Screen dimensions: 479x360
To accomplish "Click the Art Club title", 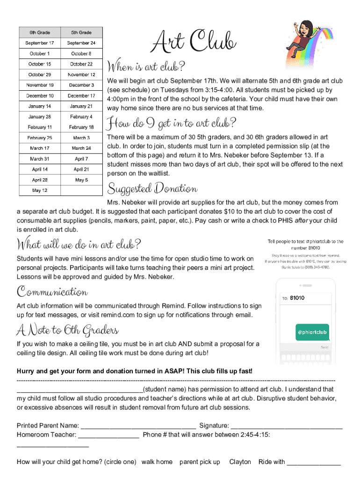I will tap(193, 41).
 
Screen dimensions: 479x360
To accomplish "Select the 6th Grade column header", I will tap(40, 32).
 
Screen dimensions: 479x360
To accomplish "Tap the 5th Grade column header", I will tap(81, 32).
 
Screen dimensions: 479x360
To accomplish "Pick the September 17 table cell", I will tap(40, 43).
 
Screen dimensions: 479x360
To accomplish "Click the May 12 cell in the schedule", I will tap(40, 190).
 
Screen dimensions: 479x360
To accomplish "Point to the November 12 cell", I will tap(81, 75).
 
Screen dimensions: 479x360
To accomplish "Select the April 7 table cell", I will tap(81, 159).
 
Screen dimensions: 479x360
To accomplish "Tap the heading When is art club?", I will tap(146, 65).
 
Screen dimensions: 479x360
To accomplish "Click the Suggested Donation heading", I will tap(152, 189).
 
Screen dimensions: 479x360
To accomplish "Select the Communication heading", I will tap(52, 292).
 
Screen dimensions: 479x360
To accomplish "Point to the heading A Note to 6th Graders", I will tap(68, 331).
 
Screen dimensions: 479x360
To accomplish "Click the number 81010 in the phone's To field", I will tap(297, 298).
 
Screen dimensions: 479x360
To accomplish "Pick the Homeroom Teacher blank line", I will tap(108, 435).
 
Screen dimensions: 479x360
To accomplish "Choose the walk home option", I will tap(157, 462).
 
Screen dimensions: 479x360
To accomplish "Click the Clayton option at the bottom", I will tap(240, 462).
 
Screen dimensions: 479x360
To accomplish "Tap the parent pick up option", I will tap(200, 462).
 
